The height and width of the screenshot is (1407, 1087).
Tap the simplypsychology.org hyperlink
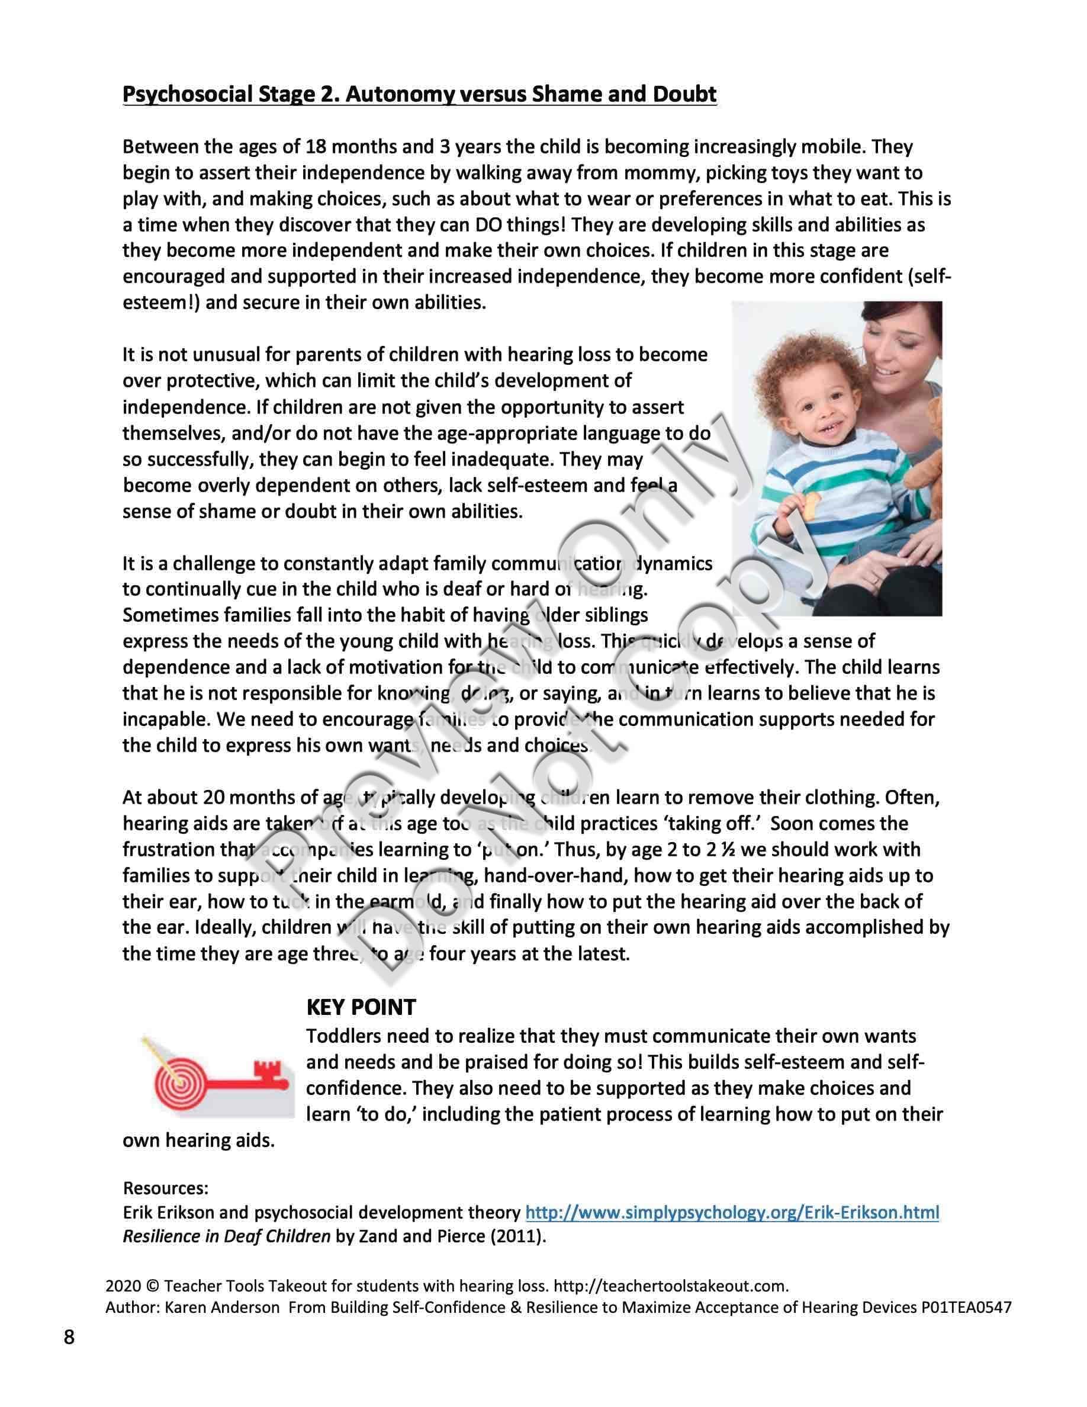point(732,1212)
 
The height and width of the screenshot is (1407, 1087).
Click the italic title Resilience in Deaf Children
point(226,1237)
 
